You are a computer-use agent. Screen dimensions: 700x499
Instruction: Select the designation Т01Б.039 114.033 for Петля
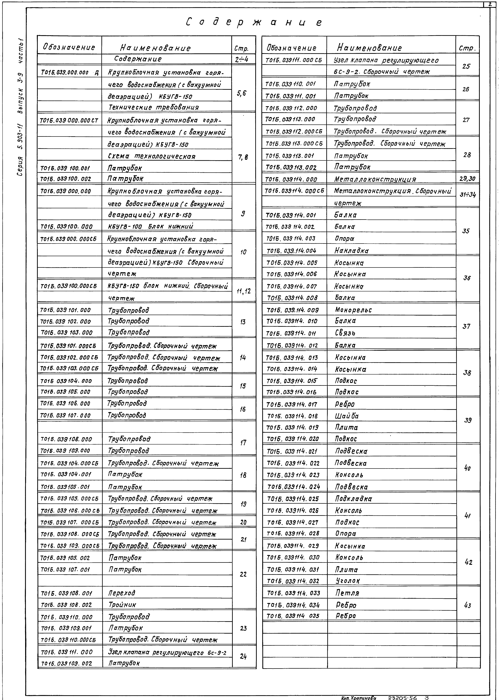[293, 593]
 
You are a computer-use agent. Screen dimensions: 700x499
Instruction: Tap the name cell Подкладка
[353, 499]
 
